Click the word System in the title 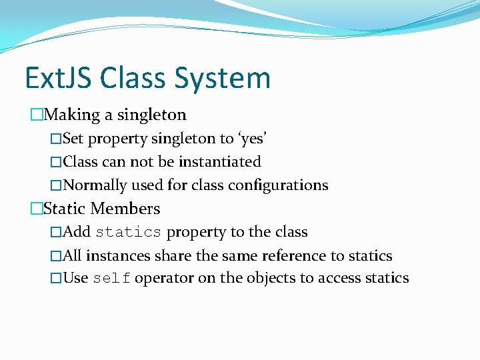pyautogui.click(x=223, y=79)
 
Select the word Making pyautogui.click(x=73, y=115)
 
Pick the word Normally pyautogui.click(x=95, y=185)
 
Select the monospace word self pyautogui.click(x=111, y=279)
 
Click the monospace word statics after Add pyautogui.click(x=129, y=233)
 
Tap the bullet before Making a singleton pyautogui.click(x=36, y=115)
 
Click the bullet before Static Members pyautogui.click(x=36, y=209)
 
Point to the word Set pyautogui.click(x=73, y=139)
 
